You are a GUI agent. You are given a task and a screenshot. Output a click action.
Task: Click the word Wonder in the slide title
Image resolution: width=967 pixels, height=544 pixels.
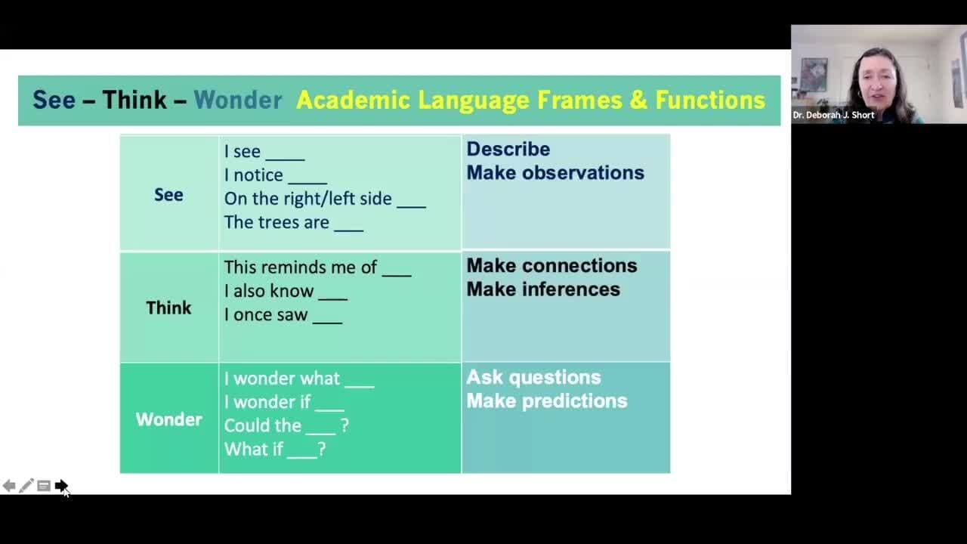click(x=238, y=100)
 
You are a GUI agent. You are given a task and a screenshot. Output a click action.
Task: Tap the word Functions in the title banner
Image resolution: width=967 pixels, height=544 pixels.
click(x=710, y=100)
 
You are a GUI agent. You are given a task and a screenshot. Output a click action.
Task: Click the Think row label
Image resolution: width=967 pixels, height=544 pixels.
click(x=168, y=308)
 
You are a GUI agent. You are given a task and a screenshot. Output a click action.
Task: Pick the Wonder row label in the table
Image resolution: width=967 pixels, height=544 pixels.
click(x=168, y=419)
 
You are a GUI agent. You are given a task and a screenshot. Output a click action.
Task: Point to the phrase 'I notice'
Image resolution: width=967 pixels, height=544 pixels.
click(x=253, y=175)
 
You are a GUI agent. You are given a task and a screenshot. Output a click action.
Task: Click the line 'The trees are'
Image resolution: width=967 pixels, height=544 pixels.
click(x=277, y=222)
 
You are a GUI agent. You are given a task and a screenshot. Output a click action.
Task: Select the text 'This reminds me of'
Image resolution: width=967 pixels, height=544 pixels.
click(x=301, y=267)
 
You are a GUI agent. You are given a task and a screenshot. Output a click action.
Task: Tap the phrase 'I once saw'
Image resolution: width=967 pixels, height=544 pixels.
click(x=266, y=315)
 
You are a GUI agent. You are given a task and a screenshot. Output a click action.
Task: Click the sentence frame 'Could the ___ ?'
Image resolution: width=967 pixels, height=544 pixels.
click(x=286, y=426)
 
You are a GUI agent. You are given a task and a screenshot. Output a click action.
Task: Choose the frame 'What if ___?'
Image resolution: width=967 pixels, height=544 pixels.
click(x=275, y=450)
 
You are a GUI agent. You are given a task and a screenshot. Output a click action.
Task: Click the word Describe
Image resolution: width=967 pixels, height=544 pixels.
click(x=508, y=150)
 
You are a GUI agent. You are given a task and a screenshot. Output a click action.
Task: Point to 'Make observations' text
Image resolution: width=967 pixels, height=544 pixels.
click(x=555, y=173)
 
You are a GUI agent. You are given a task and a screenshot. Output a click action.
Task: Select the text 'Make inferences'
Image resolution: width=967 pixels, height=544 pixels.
click(x=543, y=289)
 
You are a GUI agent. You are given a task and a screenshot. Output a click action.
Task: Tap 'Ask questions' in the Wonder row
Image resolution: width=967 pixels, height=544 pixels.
click(x=533, y=378)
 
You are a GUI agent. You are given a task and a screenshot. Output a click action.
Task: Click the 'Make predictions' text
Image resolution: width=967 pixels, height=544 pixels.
click(x=547, y=401)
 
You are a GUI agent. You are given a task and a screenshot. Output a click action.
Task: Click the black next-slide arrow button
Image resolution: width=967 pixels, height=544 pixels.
click(x=61, y=485)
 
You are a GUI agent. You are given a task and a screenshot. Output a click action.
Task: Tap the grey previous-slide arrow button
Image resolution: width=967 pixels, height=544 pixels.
click(x=9, y=486)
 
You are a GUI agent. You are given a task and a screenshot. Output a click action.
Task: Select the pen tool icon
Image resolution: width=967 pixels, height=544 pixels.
click(x=26, y=486)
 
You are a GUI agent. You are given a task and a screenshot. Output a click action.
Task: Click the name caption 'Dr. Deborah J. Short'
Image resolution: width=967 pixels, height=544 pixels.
click(x=833, y=116)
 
